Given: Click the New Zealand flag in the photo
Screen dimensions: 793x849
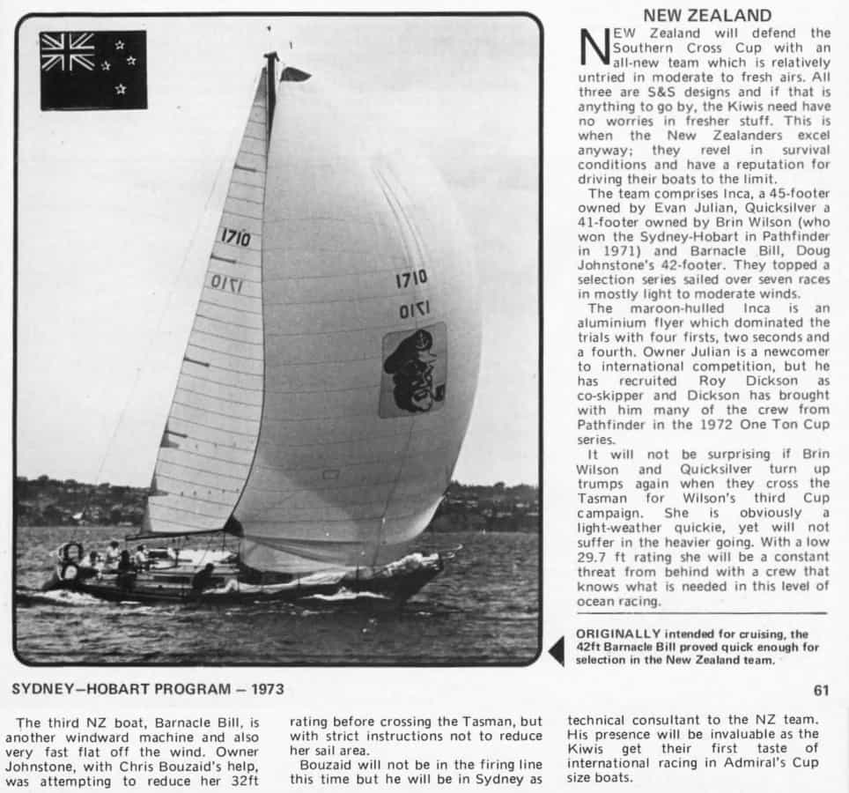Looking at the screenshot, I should coord(93,70).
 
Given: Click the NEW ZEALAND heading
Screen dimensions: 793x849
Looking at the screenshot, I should coord(707,15).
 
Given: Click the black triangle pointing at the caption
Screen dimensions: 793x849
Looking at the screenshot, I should coord(556,651).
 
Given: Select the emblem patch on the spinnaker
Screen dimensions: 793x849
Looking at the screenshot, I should coord(412,369).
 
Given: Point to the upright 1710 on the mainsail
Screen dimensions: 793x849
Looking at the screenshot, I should coord(235,237).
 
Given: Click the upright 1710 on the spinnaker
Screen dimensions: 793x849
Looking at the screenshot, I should coord(411,278).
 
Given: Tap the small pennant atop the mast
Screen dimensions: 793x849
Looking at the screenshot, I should coord(294,74).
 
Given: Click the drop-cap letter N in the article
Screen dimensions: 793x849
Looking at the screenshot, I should coord(594,48).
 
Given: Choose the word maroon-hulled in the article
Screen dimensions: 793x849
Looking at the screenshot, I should coord(672,308).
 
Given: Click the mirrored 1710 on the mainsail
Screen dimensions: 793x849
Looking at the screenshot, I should coord(226,283).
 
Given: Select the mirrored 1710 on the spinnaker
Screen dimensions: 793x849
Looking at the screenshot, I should coord(414,310).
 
